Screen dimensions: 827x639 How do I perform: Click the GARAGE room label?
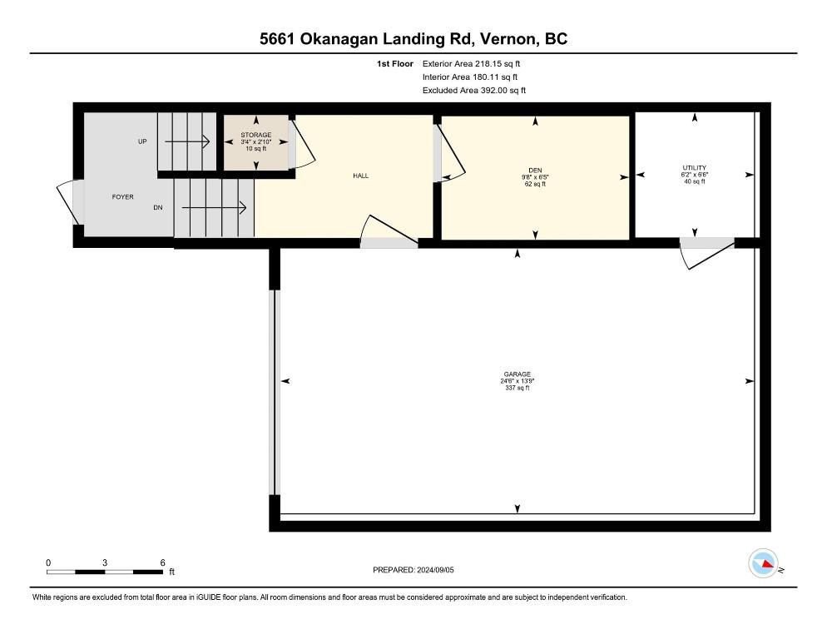tap(517, 374)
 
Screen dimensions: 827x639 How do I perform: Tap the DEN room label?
tap(535, 171)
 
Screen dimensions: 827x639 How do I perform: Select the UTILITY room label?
tap(694, 168)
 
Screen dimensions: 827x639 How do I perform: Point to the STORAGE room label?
tap(255, 135)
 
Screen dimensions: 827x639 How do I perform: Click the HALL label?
tap(361, 176)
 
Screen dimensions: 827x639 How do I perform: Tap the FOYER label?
tap(123, 197)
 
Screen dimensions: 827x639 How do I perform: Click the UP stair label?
tap(142, 141)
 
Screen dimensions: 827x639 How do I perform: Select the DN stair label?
tap(158, 208)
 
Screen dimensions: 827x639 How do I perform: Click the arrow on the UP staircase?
tap(187, 141)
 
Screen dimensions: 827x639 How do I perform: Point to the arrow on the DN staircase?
tap(214, 208)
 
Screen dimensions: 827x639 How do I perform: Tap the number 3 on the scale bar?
tap(105, 562)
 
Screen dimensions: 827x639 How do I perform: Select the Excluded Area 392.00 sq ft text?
tap(473, 90)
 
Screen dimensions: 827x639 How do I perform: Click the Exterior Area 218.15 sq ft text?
tap(471, 64)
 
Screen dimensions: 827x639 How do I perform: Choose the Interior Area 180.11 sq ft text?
tap(469, 77)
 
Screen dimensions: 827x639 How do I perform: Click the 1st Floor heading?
tap(394, 64)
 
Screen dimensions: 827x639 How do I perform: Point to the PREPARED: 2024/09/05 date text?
tap(413, 570)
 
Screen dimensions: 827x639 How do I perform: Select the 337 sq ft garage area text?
tap(517, 388)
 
